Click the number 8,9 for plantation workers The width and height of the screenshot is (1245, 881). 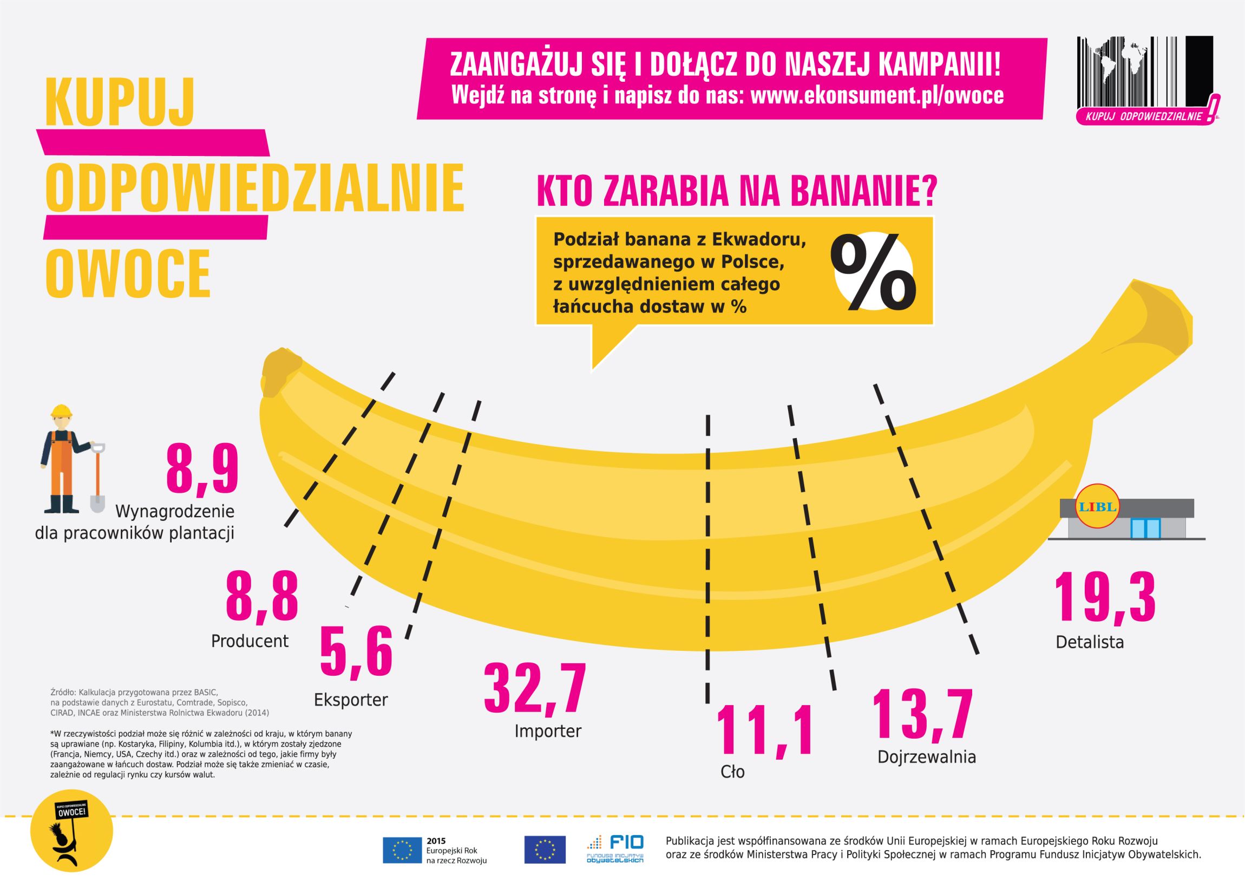coord(202,468)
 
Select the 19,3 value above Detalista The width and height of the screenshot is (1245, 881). coord(1105,599)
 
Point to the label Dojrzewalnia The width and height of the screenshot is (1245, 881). coord(927,757)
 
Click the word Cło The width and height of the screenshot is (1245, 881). coord(732,772)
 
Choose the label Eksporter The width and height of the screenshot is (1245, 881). coord(351,700)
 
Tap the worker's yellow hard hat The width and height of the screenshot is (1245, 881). coord(61,411)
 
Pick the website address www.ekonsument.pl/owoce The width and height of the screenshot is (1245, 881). coord(877,95)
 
